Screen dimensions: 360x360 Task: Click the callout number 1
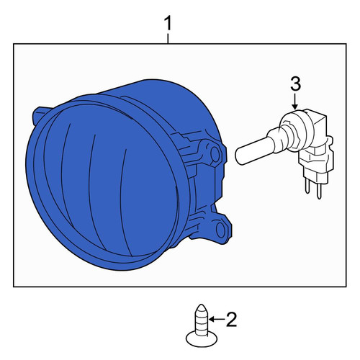[168, 23]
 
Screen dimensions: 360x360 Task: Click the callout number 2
[231, 319]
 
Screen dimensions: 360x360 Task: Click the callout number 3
[295, 84]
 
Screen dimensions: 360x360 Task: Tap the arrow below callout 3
[295, 102]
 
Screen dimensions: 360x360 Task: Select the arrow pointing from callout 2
[217, 319]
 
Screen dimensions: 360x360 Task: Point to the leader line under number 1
[168, 38]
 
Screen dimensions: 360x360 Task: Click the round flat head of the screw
[202, 339]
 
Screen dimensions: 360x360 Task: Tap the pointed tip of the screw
[201, 305]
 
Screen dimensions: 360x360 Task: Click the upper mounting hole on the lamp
[215, 154]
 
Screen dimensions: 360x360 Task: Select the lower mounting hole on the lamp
[220, 230]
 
